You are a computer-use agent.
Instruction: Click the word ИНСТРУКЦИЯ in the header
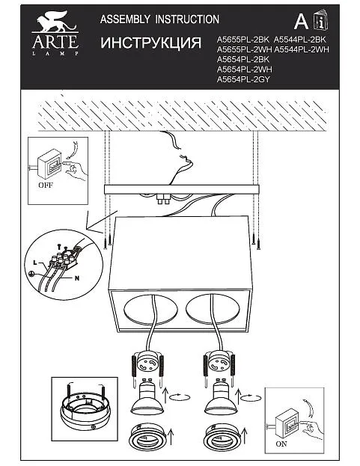click(x=150, y=43)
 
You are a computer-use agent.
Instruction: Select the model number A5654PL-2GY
click(x=243, y=79)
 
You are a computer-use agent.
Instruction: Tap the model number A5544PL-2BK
click(x=299, y=40)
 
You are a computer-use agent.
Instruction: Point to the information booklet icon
click(x=320, y=20)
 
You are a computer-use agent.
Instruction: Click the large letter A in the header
click(x=301, y=22)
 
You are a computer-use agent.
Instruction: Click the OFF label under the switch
click(x=46, y=186)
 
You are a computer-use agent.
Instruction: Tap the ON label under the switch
click(x=281, y=444)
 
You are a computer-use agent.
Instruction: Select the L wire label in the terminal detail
click(x=35, y=263)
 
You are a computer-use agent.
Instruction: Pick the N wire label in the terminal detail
click(x=77, y=278)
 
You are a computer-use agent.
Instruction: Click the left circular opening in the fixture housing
click(x=150, y=310)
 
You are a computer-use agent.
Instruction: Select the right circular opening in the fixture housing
click(x=213, y=310)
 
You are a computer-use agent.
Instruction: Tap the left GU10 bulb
click(x=147, y=396)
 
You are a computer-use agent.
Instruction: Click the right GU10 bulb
click(x=221, y=396)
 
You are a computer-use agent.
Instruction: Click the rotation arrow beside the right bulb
click(x=251, y=398)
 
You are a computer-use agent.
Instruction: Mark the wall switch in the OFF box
click(x=49, y=164)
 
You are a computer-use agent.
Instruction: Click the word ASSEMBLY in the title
click(x=125, y=19)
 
